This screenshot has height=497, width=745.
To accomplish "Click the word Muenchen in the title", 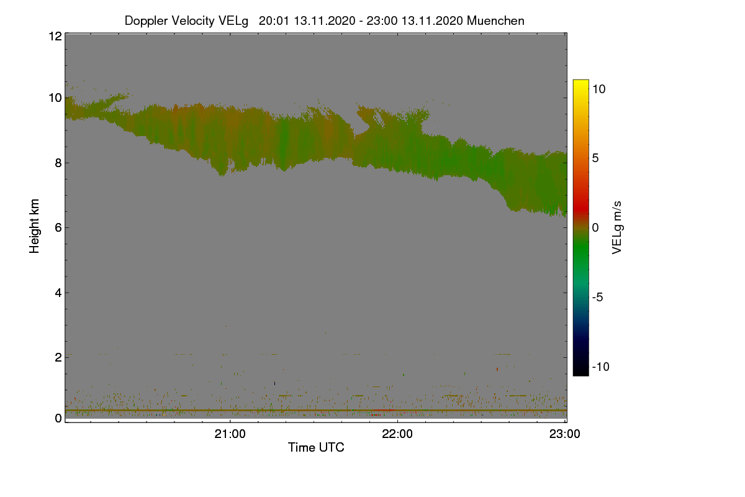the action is tap(495, 21).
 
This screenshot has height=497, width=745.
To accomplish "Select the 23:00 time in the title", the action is tap(382, 21).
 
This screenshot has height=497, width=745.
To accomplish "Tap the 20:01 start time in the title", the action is tap(274, 21).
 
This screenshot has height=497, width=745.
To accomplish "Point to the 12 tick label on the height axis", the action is tap(55, 36).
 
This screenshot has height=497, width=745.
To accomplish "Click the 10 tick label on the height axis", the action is tap(55, 98).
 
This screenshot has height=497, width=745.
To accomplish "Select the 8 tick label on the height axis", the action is tap(59, 163).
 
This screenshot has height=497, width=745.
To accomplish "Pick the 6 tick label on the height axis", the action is tap(59, 228).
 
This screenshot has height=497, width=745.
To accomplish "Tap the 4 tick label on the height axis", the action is tap(59, 293).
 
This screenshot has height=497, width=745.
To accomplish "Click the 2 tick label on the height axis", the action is tap(59, 357).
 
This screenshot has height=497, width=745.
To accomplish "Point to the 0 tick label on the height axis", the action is tap(59, 418).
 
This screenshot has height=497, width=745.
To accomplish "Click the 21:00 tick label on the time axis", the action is tap(230, 434).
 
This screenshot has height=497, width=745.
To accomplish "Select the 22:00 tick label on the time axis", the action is tap(397, 434).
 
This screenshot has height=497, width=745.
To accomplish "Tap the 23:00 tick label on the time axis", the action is tap(565, 434).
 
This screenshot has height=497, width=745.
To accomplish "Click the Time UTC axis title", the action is tap(316, 447).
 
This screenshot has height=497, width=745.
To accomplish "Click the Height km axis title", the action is tap(34, 226).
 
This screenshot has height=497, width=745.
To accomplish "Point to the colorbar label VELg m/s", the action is tap(617, 228).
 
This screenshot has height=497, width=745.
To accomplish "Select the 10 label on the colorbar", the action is tap(599, 89).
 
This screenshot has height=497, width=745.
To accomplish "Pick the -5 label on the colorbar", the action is tap(598, 297).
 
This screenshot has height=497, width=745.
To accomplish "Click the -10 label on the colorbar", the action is tap(601, 367).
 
